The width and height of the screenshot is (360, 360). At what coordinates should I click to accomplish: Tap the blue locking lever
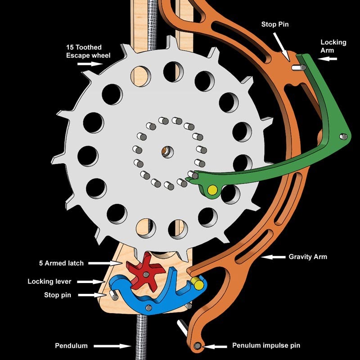click(x=135, y=297)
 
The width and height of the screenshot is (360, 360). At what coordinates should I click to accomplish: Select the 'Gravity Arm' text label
click(x=308, y=257)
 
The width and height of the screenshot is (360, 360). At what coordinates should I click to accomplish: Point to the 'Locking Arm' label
click(x=333, y=46)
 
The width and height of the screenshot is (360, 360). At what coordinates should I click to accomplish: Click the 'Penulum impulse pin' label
click(x=266, y=346)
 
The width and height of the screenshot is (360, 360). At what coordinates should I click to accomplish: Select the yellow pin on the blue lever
click(x=196, y=283)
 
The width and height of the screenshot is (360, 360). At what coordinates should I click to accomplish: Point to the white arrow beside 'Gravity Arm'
click(x=273, y=257)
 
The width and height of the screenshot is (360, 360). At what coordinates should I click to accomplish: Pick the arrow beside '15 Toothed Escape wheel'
click(x=90, y=64)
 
